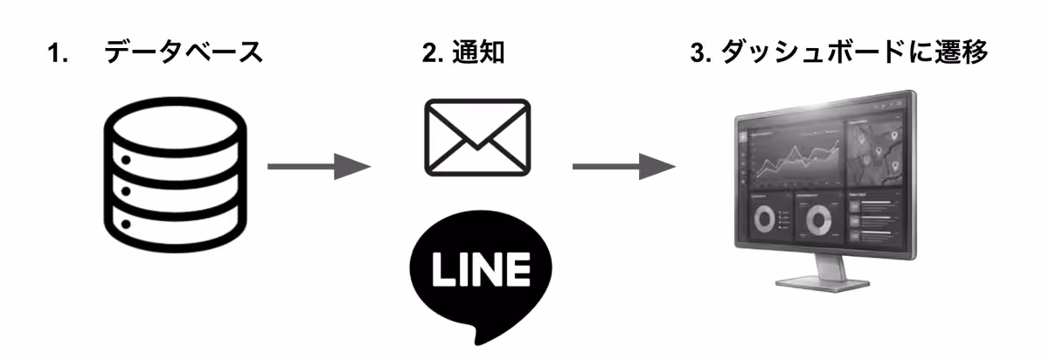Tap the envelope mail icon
476,137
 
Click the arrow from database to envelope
319,165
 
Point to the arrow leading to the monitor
623,165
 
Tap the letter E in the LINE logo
517,272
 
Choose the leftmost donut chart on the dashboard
763,220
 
